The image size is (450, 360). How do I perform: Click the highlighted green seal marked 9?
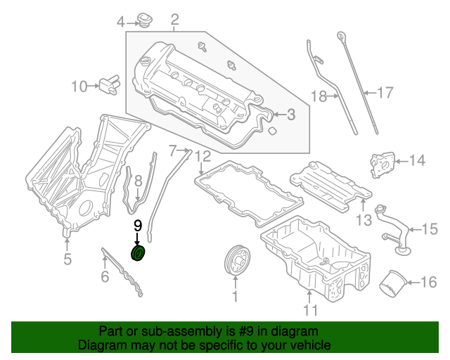pos(139,253)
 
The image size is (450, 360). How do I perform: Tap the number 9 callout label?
pos(138,226)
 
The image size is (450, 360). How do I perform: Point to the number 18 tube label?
pos(319,96)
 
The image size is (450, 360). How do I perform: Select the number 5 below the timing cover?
pos(67,259)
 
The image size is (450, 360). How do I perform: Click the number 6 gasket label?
pos(104,276)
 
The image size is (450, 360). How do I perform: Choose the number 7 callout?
pos(172,149)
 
